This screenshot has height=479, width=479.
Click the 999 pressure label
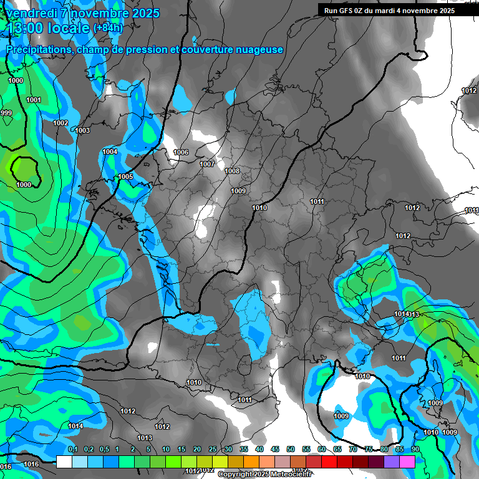click(x=6, y=113)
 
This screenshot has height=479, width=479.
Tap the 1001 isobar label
click(x=34, y=100)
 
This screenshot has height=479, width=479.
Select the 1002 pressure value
click(x=60, y=123)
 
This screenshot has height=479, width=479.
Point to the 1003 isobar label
click(x=82, y=131)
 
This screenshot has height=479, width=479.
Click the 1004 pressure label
click(x=110, y=152)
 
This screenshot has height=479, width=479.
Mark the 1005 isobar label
click(x=125, y=177)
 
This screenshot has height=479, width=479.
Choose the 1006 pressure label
click(x=181, y=153)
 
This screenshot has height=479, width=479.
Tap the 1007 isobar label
click(x=207, y=165)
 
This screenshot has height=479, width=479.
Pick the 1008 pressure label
click(x=232, y=172)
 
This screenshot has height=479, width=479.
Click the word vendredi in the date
click(x=32, y=13)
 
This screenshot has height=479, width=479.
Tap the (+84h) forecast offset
click(x=108, y=28)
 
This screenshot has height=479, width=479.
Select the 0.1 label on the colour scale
click(x=72, y=450)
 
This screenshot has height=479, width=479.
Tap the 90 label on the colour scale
click(x=415, y=450)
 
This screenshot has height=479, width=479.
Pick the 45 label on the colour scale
click(x=275, y=450)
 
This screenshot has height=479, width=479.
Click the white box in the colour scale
click(x=64, y=462)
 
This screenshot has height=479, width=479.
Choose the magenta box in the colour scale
click(x=407, y=462)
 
